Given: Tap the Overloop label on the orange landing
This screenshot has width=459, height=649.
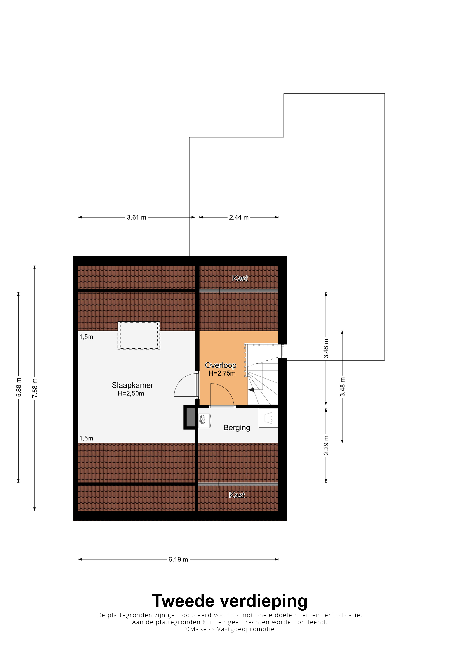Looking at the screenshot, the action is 221,365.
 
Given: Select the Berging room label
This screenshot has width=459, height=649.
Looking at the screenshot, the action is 237,428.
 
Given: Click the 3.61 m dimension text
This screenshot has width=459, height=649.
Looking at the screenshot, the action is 137,217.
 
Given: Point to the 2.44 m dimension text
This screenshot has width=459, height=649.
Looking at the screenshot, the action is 239,217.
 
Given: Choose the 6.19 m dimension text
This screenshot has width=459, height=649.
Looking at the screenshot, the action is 178,559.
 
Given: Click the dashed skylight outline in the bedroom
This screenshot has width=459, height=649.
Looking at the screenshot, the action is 139,322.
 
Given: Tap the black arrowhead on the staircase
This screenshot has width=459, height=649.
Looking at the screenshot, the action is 251,390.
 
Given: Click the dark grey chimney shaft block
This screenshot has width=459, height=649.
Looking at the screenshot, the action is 191,417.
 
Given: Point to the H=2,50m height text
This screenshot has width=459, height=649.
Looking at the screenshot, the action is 131,393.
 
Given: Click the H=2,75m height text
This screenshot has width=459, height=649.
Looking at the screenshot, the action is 222,373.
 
